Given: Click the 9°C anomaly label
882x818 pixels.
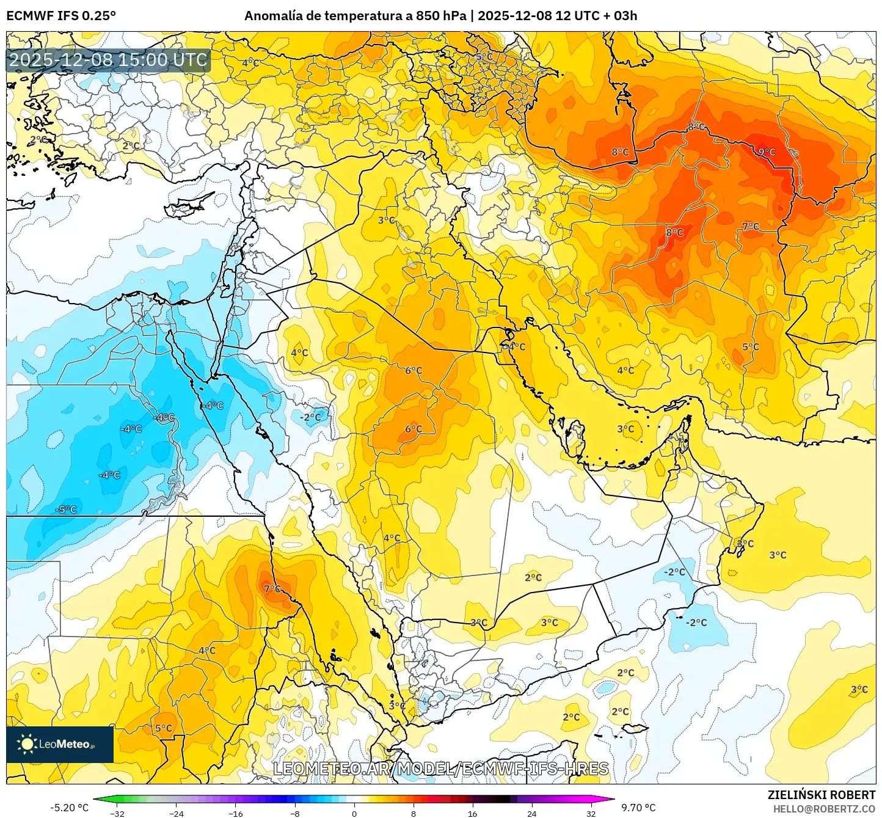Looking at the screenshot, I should [767, 152].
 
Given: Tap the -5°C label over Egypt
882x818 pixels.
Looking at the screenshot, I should [66, 509].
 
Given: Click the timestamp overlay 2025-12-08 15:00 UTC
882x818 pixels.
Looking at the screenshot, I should [108, 60].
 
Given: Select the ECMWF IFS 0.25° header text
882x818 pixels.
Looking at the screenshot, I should [61, 16].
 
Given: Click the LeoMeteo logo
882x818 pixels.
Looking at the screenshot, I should [60, 744].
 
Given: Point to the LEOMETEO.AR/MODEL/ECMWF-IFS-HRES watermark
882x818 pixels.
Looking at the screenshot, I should [440, 769].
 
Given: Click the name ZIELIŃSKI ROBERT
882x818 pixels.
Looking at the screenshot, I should [822, 795].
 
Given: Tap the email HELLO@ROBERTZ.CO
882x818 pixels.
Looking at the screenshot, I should [824, 808].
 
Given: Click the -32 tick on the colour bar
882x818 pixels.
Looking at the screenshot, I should [117, 813].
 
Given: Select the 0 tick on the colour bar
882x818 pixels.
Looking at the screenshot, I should [354, 813].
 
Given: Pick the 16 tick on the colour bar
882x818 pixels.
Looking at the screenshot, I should [472, 813].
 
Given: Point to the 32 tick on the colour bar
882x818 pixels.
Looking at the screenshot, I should [591, 813].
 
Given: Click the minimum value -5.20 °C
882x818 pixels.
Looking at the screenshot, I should [69, 808].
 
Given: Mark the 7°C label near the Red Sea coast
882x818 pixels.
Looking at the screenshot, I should [272, 589].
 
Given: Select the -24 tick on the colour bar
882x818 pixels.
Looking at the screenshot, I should [177, 813].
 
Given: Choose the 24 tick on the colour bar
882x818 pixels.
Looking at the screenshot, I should [531, 813].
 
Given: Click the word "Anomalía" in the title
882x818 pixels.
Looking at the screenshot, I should [273, 16].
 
